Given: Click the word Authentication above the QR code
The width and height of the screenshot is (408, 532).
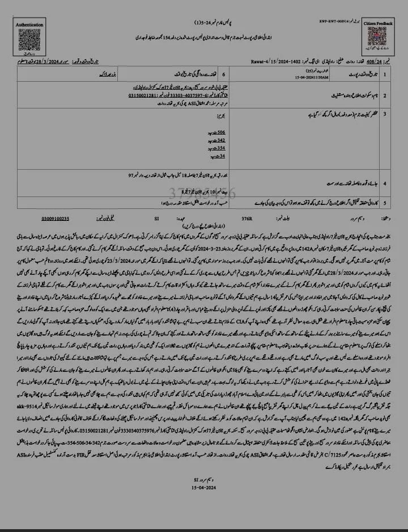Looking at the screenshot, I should (28, 26).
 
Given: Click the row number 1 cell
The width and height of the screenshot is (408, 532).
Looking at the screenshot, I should (386, 74).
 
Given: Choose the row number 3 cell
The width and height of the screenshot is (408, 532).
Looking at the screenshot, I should (386, 114).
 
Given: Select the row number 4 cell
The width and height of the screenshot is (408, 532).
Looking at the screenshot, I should (386, 184).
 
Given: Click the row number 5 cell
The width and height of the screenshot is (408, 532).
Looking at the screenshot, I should (386, 202).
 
